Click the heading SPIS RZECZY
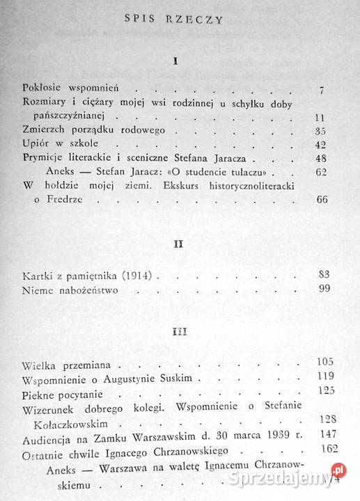pyautogui.click(x=179, y=19)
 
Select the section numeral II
pyautogui.click(x=178, y=246)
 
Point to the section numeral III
pyautogui.click(x=179, y=331)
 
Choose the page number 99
pyautogui.click(x=322, y=289)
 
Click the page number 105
pyautogui.click(x=324, y=363)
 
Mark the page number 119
pyautogui.click(x=324, y=377)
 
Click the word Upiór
pyautogui.click(x=36, y=144)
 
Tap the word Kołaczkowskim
pyautogui.click(x=78, y=421)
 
